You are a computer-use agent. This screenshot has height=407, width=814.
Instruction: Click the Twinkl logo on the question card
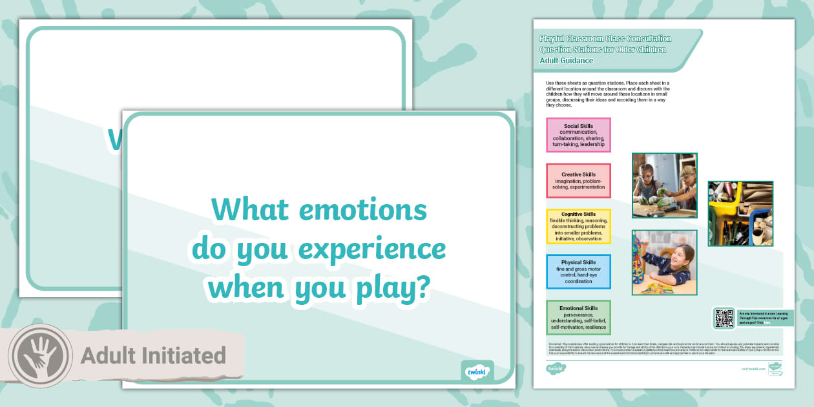tap(477, 372)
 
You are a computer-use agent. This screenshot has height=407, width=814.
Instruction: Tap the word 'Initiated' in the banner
tap(187, 356)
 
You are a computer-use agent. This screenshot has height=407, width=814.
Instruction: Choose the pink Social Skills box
tap(578, 135)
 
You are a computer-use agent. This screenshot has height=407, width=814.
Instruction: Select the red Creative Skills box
tap(578, 181)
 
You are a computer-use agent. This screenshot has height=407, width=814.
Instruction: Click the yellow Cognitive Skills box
tap(578, 226)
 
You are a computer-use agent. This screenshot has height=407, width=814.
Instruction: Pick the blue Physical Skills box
tap(578, 271)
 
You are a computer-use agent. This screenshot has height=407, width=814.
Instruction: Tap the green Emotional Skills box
tap(578, 317)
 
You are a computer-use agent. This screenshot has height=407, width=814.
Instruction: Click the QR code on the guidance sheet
tap(724, 318)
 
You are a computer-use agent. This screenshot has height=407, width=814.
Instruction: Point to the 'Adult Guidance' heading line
tap(567, 61)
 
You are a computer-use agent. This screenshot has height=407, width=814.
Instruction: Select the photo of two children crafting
tap(664, 185)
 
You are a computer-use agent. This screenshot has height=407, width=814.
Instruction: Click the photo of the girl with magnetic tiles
tap(664, 262)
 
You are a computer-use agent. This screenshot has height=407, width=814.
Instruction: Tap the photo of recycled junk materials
tap(740, 213)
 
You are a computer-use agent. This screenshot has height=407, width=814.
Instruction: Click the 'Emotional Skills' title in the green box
tap(578, 308)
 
